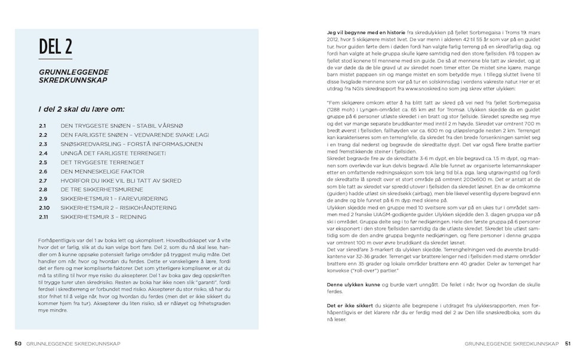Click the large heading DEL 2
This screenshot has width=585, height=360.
[55, 46]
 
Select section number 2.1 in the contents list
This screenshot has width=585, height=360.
[42, 126]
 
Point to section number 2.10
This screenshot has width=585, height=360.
[44, 207]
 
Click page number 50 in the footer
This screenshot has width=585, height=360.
[18, 343]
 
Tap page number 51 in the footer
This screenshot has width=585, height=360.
[568, 343]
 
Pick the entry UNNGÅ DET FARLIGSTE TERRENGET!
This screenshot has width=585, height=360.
[113, 153]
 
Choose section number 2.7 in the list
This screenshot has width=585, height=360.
[42, 180]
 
